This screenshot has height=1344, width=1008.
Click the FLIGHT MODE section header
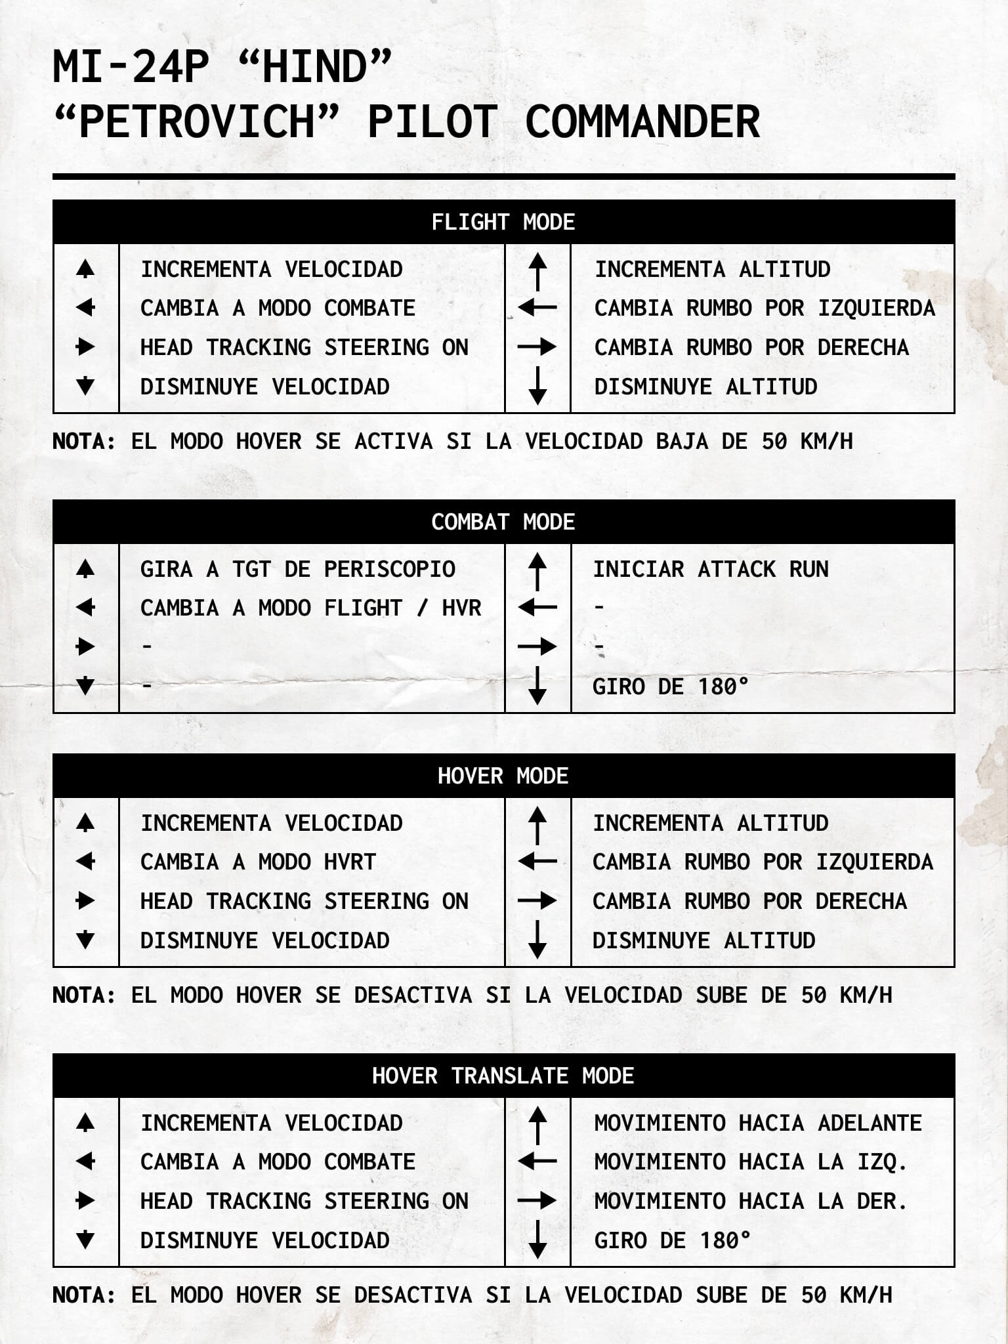(503, 222)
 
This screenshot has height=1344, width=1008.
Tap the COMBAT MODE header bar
(503, 522)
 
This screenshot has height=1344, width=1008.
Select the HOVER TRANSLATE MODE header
(503, 1076)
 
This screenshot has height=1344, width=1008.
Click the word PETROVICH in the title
(197, 122)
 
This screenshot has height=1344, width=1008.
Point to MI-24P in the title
(131, 68)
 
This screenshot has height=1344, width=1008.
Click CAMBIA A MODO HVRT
(258, 862)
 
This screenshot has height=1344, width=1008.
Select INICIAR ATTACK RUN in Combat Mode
(711, 569)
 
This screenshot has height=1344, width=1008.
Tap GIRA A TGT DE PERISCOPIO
(297, 569)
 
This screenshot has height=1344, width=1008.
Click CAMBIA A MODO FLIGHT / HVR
(310, 608)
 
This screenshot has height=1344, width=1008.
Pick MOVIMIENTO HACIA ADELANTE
(758, 1123)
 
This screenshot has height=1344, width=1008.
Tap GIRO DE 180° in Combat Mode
(670, 687)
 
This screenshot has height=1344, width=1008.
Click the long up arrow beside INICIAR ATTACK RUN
(537, 570)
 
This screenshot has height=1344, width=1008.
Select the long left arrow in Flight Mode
(537, 307)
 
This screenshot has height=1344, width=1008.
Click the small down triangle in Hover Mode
(85, 940)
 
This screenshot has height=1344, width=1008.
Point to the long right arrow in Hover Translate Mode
(537, 1201)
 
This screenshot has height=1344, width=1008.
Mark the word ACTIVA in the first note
(393, 442)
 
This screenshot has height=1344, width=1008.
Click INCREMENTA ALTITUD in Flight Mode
(712, 269)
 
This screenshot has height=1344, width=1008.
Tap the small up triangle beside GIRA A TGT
(85, 569)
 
